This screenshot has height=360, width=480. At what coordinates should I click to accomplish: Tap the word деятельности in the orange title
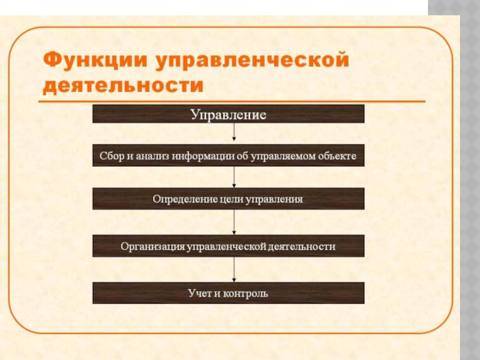123,86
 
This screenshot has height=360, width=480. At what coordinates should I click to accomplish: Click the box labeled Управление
228,114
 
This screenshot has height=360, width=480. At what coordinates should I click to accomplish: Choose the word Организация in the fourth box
152,246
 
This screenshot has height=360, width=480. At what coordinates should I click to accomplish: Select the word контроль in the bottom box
245,293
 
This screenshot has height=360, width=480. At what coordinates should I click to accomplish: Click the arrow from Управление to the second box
234,133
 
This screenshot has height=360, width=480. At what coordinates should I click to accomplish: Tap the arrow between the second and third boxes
234,176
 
